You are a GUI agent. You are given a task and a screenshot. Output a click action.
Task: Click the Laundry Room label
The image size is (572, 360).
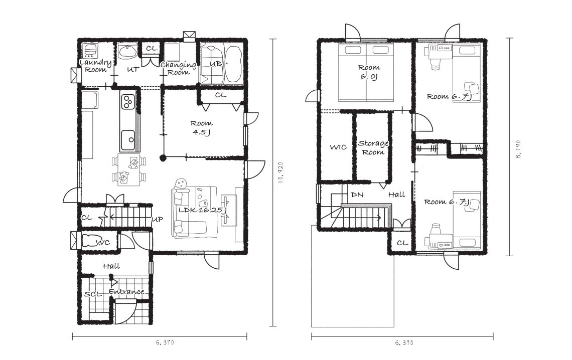point(95,66)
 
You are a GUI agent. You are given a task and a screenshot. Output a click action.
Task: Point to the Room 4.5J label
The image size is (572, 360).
point(201,127)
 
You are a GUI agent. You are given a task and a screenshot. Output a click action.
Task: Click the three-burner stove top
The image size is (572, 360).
point(127,101)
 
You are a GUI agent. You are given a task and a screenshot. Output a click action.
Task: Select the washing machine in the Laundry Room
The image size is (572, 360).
point(89,51)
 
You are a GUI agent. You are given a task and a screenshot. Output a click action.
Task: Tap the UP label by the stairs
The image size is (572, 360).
point(157,219)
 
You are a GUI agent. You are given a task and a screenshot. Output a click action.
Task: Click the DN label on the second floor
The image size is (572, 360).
point(357,195)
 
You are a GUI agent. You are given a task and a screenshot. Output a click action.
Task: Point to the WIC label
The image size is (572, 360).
point(338,147)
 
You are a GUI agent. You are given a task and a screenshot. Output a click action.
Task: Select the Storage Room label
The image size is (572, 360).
point(373,147)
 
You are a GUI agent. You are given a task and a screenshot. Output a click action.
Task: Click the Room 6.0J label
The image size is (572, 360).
point(369,72)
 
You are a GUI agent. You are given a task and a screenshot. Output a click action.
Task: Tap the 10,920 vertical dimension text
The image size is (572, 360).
point(280,172)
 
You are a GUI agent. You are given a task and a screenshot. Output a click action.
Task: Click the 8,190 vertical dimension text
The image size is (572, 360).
point(519,149)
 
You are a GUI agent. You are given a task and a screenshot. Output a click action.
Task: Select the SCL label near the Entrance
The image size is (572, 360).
point(93,294)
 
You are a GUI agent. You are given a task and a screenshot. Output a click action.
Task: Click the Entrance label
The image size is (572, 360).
point(126,292)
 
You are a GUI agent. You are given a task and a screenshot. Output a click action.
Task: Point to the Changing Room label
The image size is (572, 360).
point(179,69)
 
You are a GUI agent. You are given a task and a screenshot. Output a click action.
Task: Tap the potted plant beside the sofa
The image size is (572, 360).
point(181,184)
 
